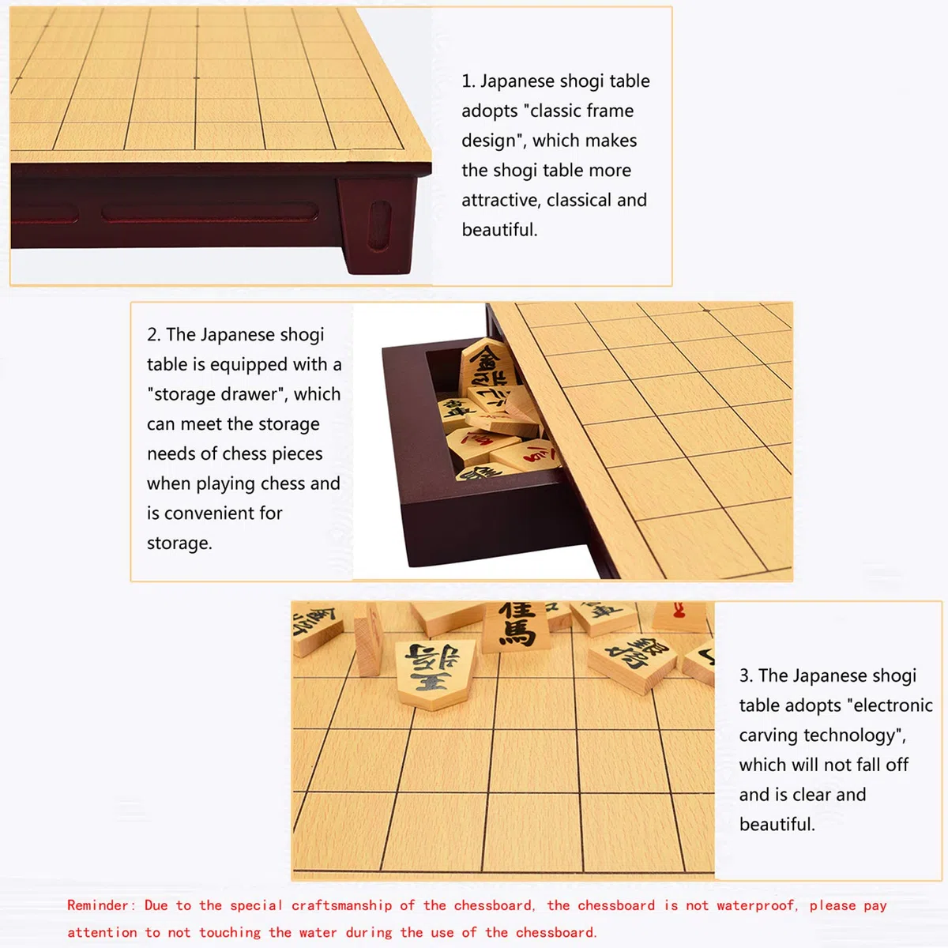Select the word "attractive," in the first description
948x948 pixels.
(x=500, y=200)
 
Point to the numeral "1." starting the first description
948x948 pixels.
(x=468, y=81)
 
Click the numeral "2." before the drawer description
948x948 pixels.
(x=154, y=334)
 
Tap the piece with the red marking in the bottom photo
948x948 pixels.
(x=679, y=616)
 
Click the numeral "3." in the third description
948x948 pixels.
(x=747, y=675)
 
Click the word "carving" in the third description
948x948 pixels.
(x=769, y=735)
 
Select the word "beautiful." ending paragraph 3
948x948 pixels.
(x=777, y=825)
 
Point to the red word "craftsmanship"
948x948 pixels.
(x=341, y=905)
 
